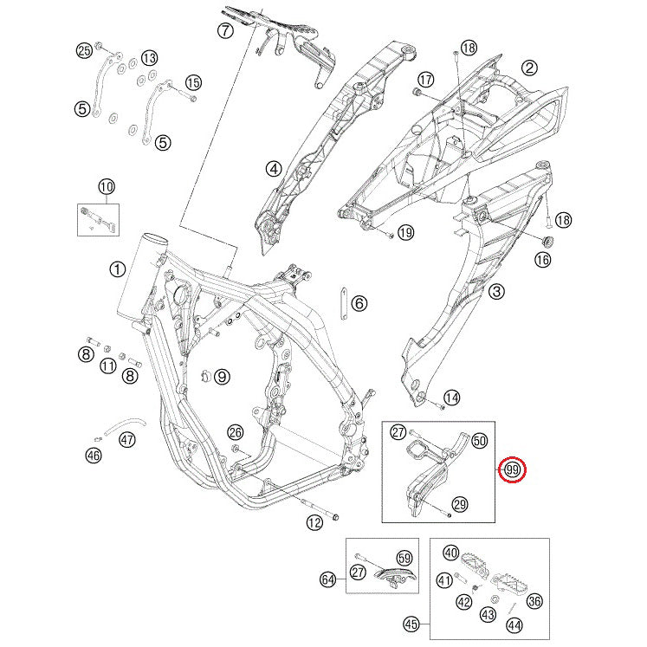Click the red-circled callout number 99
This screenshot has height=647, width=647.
coord(512,469)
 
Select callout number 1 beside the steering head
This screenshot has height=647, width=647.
coord(117,270)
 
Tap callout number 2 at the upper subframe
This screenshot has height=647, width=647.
coord(529,68)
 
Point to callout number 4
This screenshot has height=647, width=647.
coord(274,168)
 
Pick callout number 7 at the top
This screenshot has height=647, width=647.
coord(225,30)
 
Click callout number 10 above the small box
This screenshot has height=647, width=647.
coord(107,187)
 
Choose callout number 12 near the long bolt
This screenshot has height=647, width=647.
coord(314,523)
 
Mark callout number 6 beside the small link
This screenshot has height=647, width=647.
coord(359,304)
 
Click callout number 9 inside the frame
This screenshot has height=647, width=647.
coord(222,376)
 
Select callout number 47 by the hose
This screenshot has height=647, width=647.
coord(127,439)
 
